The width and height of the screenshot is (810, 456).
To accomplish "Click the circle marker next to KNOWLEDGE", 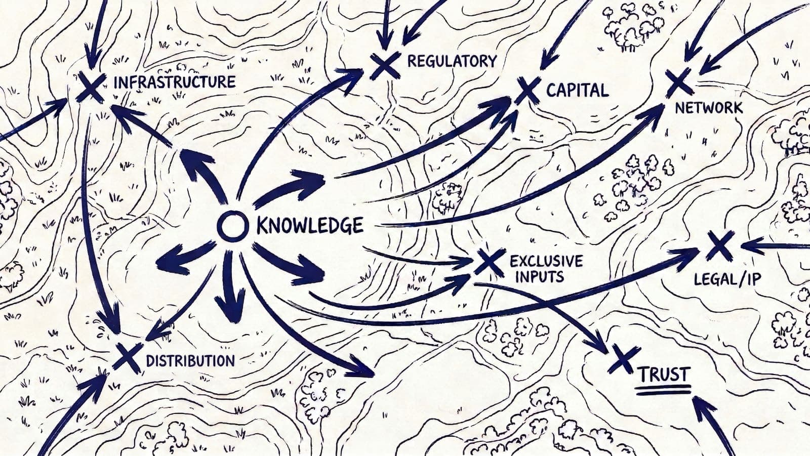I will pyautogui.click(x=232, y=226).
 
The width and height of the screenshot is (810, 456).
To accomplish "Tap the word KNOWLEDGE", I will pyautogui.click(x=310, y=225).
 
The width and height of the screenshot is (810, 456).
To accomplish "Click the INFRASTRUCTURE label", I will pyautogui.click(x=175, y=82).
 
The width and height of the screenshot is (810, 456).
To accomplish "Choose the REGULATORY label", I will pyautogui.click(x=452, y=61).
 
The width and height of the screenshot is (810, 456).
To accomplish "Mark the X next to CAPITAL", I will pyautogui.click(x=528, y=91).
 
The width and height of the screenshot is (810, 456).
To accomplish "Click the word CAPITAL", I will pyautogui.click(x=577, y=91).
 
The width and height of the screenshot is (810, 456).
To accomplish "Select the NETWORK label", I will pyautogui.click(x=709, y=108).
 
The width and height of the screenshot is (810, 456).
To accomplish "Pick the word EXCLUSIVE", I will pyautogui.click(x=546, y=261).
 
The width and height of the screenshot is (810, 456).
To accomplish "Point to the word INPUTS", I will pyautogui.click(x=537, y=276).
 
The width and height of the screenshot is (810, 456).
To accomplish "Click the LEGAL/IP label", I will pyautogui.click(x=727, y=279).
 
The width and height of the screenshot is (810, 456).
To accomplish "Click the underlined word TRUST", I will pyautogui.click(x=663, y=375).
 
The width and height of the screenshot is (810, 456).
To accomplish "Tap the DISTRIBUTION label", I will pyautogui.click(x=190, y=360).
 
